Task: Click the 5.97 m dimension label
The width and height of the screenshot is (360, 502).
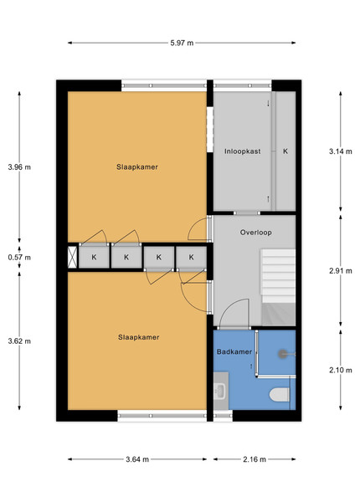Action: [x=182, y=43]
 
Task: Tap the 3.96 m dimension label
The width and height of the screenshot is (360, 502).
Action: [x=19, y=166]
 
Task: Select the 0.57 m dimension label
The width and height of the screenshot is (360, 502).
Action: [x=19, y=257]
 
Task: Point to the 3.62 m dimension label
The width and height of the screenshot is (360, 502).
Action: [x=19, y=341]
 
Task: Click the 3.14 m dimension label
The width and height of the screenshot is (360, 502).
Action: [x=341, y=151]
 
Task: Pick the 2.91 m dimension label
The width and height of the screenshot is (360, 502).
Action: [x=341, y=271]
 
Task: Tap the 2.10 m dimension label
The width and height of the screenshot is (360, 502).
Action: [x=341, y=370]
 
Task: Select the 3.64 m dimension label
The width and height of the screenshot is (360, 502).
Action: [x=137, y=459]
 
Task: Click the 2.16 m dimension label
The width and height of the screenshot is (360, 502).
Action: [x=255, y=459]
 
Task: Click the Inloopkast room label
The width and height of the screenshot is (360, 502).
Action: [x=243, y=151]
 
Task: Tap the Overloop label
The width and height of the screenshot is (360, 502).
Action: [x=256, y=233]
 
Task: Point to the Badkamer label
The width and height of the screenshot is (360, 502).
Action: [x=234, y=352]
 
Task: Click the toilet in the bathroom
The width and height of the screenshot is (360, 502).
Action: [x=280, y=394]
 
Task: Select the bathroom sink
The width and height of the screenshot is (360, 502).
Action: [x=220, y=391]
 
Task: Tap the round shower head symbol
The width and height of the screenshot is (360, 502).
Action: [x=282, y=354]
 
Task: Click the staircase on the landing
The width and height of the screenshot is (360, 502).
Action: [x=278, y=287]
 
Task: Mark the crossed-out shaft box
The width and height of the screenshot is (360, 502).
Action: [x=72, y=257]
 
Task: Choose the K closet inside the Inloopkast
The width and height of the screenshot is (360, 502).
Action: [x=285, y=151]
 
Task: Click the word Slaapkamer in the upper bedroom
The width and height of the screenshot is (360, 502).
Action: [x=137, y=166]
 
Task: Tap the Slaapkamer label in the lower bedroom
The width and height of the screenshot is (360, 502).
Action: [x=139, y=337]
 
